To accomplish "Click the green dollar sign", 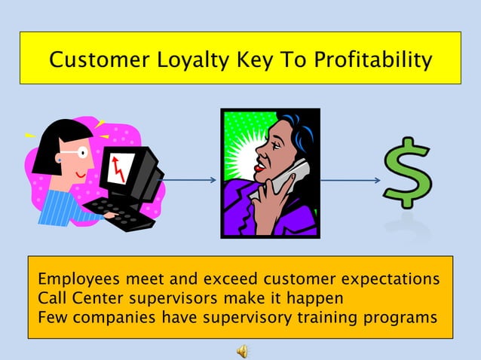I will [407, 172].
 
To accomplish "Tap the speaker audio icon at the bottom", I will [242, 350].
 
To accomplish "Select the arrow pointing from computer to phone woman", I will [190, 180].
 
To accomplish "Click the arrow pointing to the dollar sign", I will [351, 180].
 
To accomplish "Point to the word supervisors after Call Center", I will [166, 297].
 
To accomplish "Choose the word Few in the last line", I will [51, 316].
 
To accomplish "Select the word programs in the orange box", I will [402, 317].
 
